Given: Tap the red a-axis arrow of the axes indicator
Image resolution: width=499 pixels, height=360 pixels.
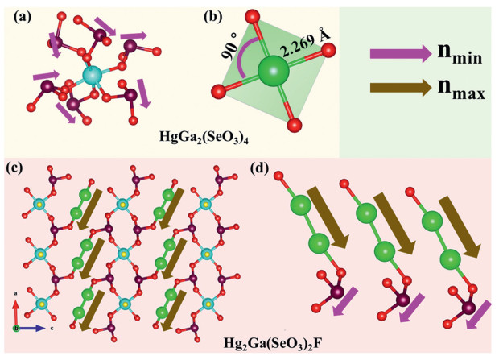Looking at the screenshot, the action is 16,314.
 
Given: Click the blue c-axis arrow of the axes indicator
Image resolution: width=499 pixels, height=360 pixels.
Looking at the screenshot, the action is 31,329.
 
